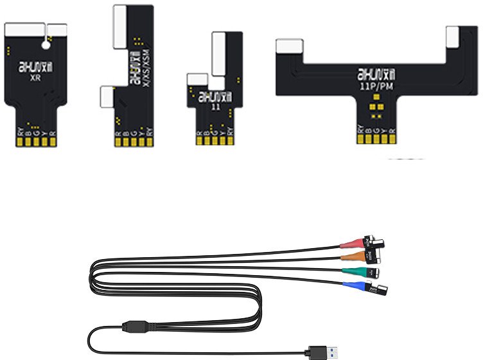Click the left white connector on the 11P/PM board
pos(289,46)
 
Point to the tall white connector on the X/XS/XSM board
pos(119,27)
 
